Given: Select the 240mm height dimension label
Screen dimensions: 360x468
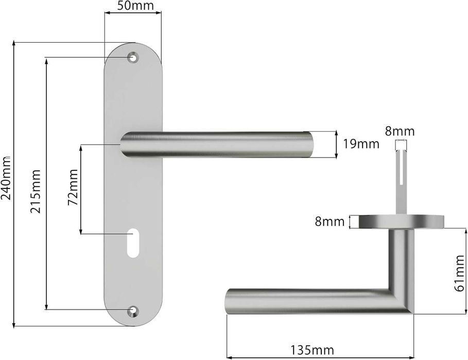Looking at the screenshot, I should [6, 178].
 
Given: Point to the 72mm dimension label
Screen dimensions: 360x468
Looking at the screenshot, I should [74, 190].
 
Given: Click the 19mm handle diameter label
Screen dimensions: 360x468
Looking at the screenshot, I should [360, 144].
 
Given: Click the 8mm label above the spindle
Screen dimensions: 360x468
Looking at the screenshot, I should [400, 131].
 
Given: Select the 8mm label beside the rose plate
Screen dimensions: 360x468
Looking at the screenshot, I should [330, 222].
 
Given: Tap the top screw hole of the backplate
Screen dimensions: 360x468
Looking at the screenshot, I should [133, 58].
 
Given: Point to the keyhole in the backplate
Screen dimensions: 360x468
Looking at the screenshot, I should [132, 242].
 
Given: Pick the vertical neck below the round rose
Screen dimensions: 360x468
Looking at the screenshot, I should [400, 258].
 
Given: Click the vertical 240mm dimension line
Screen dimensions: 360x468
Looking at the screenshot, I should [14, 185].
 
